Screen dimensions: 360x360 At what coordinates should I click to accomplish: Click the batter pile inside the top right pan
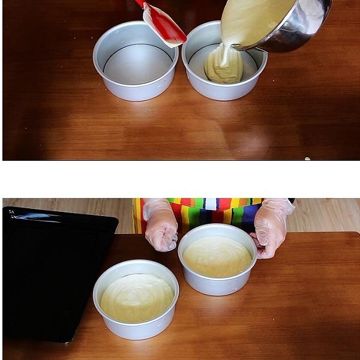[223, 70]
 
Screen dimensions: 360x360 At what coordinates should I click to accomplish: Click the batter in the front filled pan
[137, 298]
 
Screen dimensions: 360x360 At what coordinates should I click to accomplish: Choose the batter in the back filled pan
[217, 256]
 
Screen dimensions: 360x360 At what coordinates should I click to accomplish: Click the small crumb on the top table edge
[308, 158]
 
